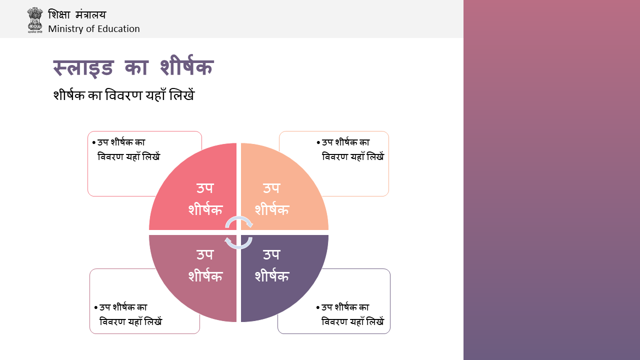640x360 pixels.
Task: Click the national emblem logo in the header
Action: point(35,20)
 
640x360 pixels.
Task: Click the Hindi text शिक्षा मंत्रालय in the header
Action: point(77,14)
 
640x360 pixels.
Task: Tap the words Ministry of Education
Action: point(93,29)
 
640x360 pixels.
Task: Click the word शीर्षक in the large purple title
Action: point(187,66)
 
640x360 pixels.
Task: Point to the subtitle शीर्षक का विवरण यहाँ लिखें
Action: point(123,95)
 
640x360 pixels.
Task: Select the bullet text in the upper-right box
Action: point(350,149)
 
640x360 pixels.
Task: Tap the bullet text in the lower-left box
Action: point(128,314)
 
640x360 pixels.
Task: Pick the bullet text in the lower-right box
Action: point(350,314)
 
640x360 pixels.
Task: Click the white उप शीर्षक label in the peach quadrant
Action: point(271,199)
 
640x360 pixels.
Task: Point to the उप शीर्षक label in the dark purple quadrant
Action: point(271,265)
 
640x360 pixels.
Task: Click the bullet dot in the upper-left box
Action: point(94,142)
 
